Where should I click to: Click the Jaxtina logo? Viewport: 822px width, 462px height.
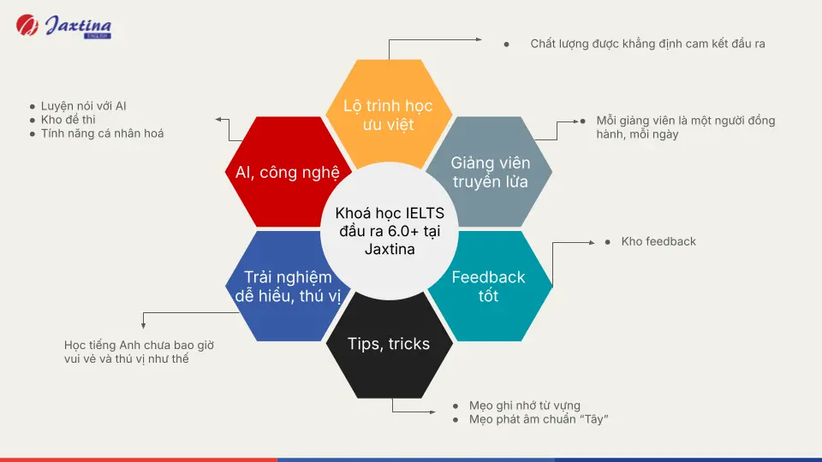(64, 26)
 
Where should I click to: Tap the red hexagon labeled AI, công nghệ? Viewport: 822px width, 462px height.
(287, 172)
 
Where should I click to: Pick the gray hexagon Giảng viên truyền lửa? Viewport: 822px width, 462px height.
(491, 171)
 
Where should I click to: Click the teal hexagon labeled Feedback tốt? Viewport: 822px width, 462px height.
(488, 287)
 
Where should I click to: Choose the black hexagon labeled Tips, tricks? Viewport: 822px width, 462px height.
(388, 344)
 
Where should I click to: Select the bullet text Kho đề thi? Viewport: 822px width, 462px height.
(68, 120)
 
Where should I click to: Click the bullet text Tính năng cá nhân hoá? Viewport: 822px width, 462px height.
(102, 133)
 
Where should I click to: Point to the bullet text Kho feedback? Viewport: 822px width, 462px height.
(658, 242)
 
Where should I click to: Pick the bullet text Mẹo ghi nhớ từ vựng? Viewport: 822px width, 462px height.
(524, 406)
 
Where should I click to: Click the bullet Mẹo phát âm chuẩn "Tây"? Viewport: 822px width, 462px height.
(538, 419)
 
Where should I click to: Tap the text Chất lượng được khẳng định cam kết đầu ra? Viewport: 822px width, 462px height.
(647, 43)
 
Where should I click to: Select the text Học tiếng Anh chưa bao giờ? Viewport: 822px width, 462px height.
(139, 346)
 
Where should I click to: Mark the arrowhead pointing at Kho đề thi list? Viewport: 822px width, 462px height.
(218, 120)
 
